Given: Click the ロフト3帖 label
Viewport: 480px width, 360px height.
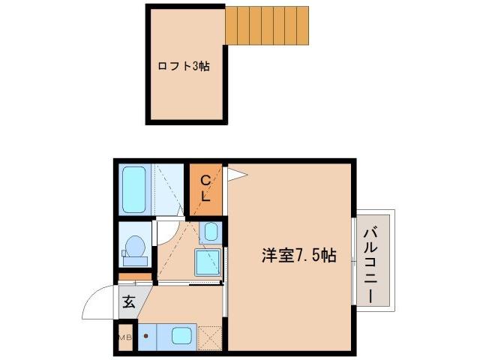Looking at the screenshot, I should (x=183, y=66).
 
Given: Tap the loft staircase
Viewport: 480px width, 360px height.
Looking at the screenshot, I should (x=266, y=25).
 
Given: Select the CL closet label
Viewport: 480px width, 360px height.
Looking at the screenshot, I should (x=205, y=187).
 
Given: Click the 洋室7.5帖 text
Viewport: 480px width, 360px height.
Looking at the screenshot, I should (x=298, y=255).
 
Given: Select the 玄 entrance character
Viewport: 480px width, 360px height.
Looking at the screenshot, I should (x=128, y=303).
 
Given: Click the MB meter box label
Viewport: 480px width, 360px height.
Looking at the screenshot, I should (x=124, y=337).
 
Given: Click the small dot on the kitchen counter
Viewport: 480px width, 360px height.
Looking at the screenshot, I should (x=146, y=336).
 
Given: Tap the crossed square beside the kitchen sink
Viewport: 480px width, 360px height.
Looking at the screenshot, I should (x=211, y=337).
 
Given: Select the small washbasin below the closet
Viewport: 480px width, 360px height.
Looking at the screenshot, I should (x=211, y=232).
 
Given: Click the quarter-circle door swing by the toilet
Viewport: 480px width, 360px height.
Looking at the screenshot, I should (x=166, y=233).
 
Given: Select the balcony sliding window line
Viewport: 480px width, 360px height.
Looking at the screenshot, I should (x=353, y=255).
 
